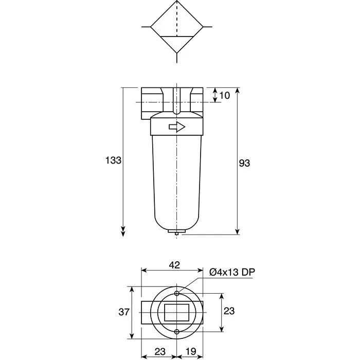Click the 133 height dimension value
point(114,160)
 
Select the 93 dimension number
point(245,163)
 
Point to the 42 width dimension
point(174,265)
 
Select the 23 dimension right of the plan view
point(229,311)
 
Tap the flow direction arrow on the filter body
point(176,127)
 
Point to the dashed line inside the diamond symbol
point(176,21)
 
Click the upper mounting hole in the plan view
point(176,293)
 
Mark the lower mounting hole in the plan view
point(176,331)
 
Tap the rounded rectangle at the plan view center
point(176,312)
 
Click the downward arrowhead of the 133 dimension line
point(123,232)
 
